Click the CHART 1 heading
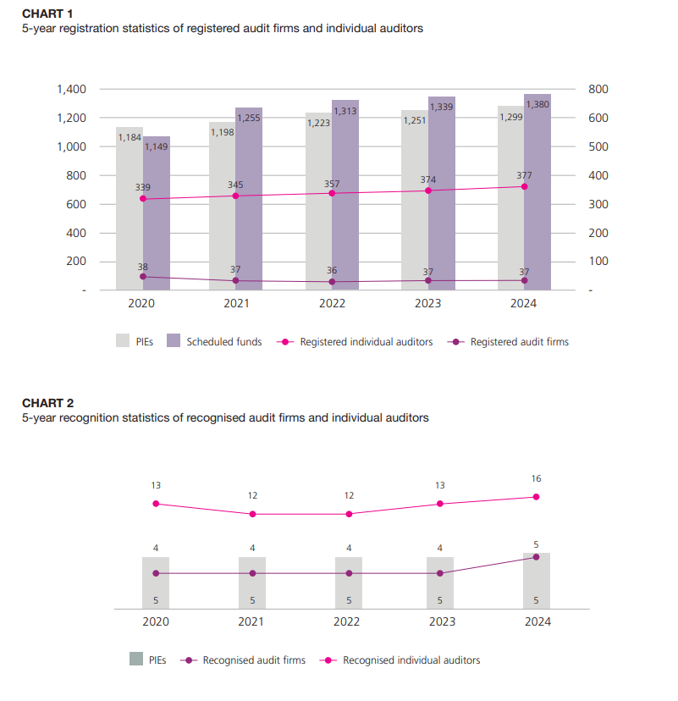click(x=47, y=14)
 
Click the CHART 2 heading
click(x=47, y=403)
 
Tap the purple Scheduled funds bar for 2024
click(x=537, y=203)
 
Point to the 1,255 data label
click(x=249, y=119)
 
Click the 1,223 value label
click(x=318, y=123)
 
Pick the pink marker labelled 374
click(x=428, y=190)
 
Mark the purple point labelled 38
click(x=143, y=276)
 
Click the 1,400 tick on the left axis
click(x=71, y=89)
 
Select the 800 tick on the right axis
click(x=598, y=89)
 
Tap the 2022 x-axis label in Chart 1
click(x=332, y=303)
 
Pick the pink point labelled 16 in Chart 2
click(x=537, y=497)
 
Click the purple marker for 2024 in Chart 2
click(x=537, y=556)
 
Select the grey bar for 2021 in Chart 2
click(x=252, y=582)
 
